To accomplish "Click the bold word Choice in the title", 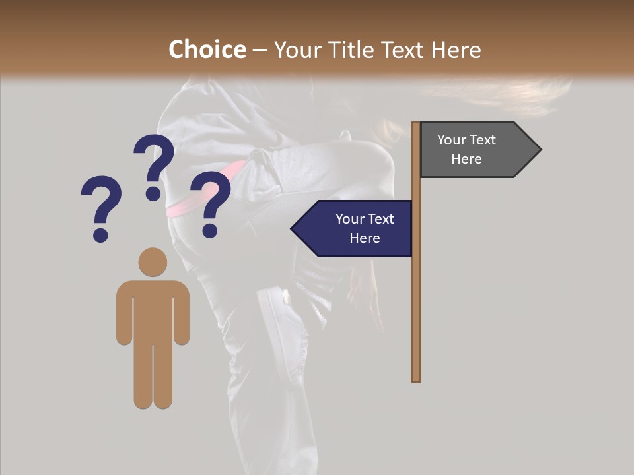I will [x=207, y=50].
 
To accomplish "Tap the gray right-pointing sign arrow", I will [x=475, y=150].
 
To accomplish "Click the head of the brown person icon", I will [x=153, y=262].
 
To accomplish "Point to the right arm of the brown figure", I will [x=181, y=317].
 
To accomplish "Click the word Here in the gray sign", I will [x=466, y=159].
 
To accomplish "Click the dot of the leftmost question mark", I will [x=100, y=235].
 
